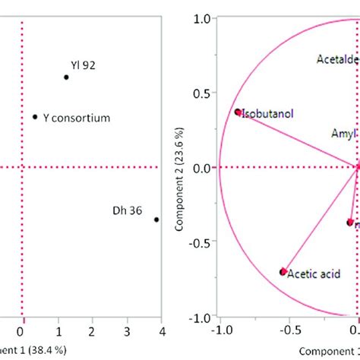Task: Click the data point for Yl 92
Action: coord(66,77)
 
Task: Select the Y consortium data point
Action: coord(35,117)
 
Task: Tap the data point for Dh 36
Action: coord(156,219)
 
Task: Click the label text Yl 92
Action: coord(83,65)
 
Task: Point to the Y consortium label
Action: coord(77,118)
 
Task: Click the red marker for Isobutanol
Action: coord(238,112)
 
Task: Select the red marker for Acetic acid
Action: coord(283,271)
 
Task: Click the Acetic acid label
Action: coord(314,274)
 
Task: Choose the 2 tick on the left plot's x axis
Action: coord(92,332)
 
